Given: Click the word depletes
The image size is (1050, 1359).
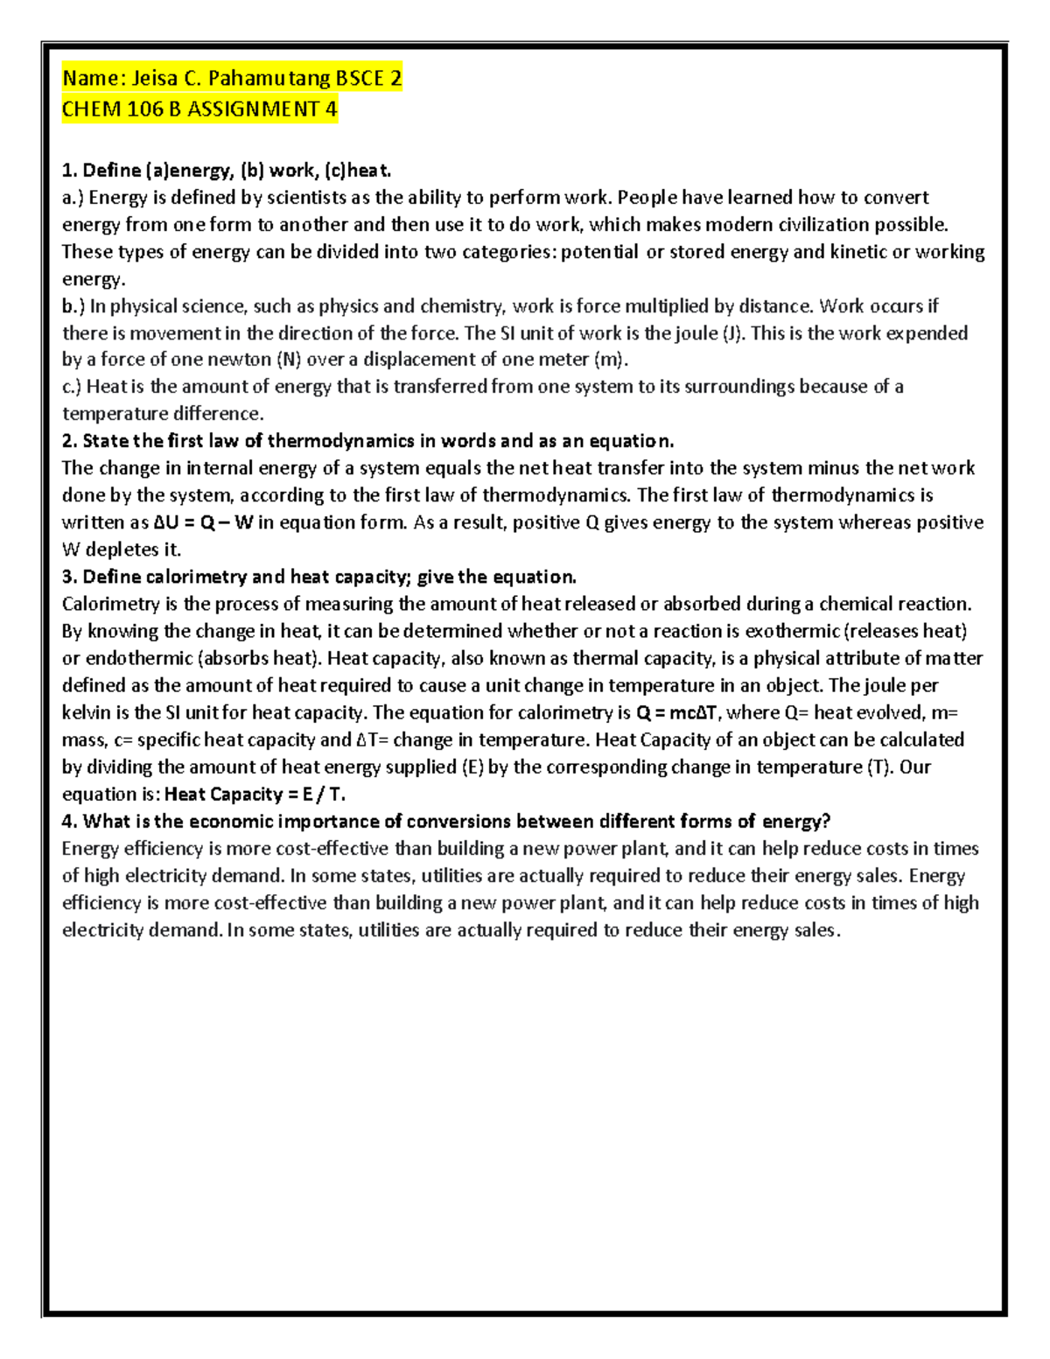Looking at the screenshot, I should [x=123, y=550].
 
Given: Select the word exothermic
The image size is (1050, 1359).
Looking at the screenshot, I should [x=792, y=632].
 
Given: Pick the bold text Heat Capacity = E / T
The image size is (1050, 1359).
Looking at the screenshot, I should [x=255, y=795].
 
